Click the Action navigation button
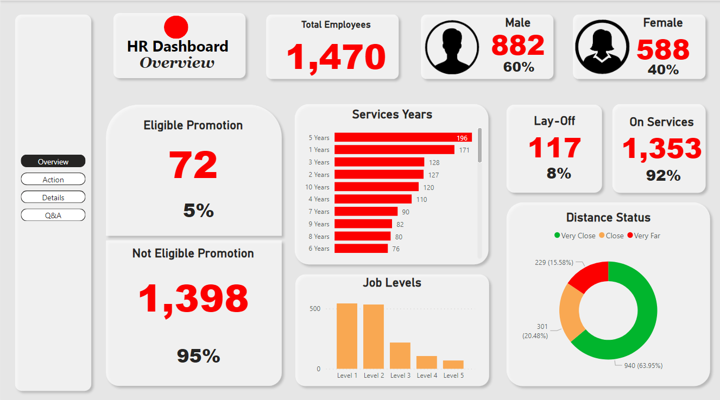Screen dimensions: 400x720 (53, 180)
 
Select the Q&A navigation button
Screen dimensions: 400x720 (53, 215)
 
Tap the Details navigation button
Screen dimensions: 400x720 (53, 198)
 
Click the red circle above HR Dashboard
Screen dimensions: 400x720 (176, 27)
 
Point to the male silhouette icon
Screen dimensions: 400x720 (452, 50)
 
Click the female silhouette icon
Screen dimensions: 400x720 (602, 50)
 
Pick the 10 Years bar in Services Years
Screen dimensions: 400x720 (376, 187)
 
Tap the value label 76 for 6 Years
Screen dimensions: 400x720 (396, 249)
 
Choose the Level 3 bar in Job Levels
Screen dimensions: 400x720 (400, 355)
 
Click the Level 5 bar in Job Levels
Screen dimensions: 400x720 (453, 365)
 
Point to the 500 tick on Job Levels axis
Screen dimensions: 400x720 (315, 309)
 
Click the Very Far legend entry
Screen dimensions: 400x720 (644, 236)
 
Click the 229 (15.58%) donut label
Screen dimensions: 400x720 (554, 262)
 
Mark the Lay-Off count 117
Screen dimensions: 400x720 (554, 148)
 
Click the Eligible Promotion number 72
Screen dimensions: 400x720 (193, 165)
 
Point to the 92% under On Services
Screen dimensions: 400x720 (663, 175)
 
